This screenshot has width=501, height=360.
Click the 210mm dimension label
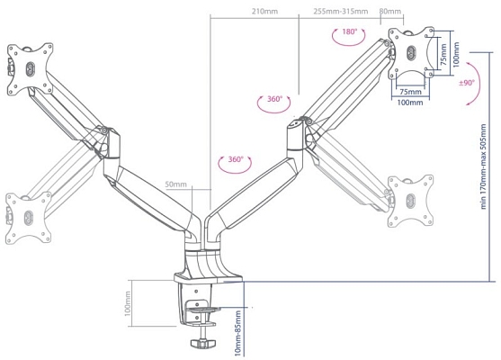point(264,12)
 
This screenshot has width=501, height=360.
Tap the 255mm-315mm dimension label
point(341,12)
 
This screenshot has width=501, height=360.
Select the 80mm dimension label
point(389,12)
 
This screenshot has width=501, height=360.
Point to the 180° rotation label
point(349,31)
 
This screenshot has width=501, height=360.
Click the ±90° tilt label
point(467,83)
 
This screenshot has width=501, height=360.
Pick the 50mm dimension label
point(175,184)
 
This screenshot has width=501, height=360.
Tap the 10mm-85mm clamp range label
point(237,333)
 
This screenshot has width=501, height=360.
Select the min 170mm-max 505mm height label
point(483,166)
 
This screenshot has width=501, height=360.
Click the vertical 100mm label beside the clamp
point(128,303)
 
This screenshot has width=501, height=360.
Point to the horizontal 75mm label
point(410,92)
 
